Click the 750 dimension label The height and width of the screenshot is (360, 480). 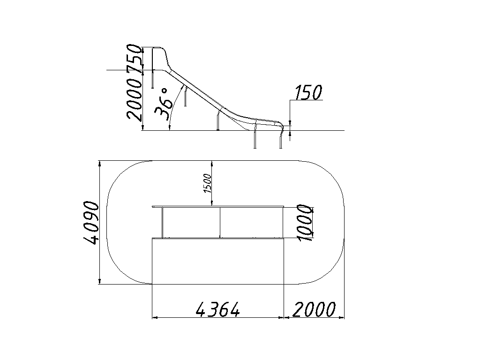coord(135,58)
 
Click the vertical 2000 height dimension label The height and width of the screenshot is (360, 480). coord(135,98)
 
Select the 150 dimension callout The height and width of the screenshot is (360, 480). coord(308,92)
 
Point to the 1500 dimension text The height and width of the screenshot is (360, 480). coord(208,183)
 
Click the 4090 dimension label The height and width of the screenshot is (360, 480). coord(91,223)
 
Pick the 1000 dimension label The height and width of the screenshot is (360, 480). coord(306,223)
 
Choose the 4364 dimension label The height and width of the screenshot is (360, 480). coord(217,309)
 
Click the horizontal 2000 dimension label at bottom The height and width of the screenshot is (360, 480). coord(314,309)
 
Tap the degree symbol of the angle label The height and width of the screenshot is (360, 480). coord(165,91)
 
